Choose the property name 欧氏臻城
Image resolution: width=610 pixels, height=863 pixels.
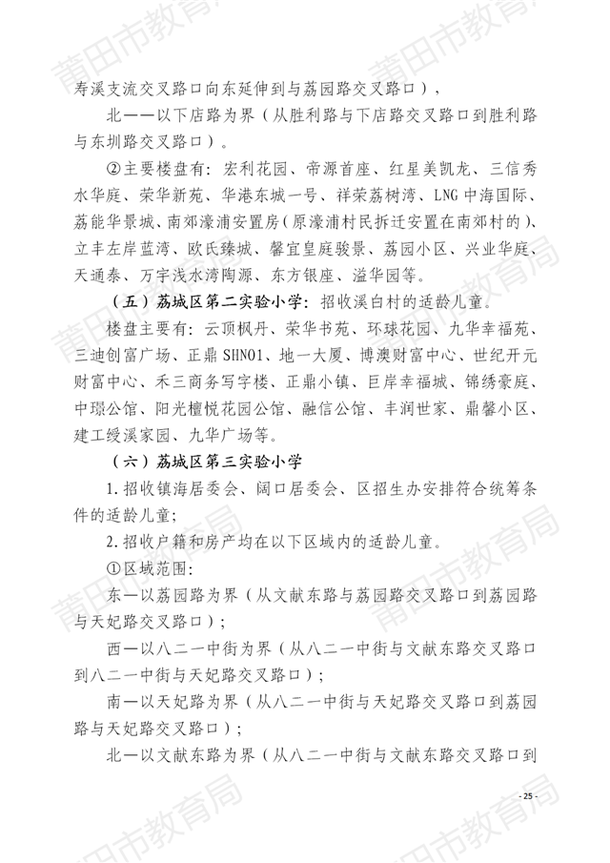pyautogui.click(x=226, y=251)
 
